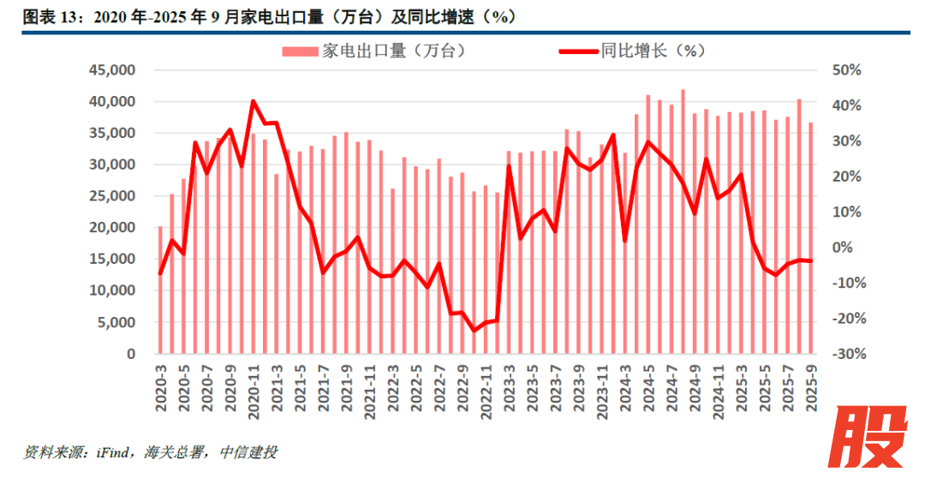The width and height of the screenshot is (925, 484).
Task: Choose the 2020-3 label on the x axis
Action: pyautogui.click(x=160, y=390)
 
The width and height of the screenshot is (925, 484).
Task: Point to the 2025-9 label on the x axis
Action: pyautogui.click(x=811, y=390)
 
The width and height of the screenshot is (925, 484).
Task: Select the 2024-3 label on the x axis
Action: pyautogui.click(x=624, y=390)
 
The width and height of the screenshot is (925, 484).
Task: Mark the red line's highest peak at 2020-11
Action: pyautogui.click(x=254, y=101)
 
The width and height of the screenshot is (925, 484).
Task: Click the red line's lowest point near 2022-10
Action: pyautogui.click(x=474, y=331)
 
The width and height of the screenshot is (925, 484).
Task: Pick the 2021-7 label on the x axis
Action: pyautogui.click(x=323, y=390)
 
